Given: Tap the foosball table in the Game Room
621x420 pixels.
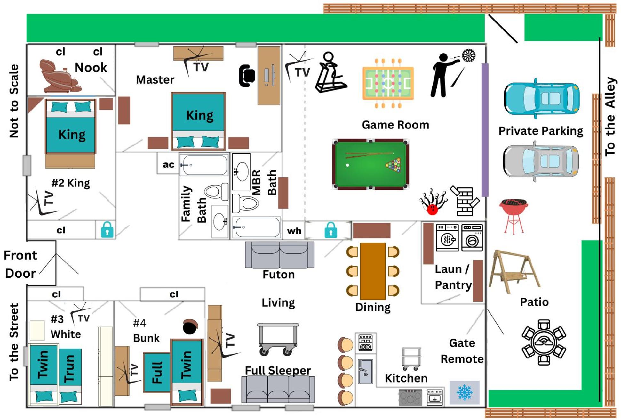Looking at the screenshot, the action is (388, 83).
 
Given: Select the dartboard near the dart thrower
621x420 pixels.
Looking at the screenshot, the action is (469, 55).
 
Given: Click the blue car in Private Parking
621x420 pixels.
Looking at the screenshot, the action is (541, 98).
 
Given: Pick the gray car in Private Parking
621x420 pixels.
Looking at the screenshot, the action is (541, 161).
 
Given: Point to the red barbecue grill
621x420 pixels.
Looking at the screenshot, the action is (513, 216).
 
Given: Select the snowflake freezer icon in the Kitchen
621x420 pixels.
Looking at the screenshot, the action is (464, 392).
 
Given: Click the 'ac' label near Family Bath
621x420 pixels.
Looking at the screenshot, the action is (169, 165).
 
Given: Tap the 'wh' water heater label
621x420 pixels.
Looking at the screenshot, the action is (294, 231).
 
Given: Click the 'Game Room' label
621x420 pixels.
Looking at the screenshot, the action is (395, 125).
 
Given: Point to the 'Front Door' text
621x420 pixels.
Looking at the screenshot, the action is (20, 264).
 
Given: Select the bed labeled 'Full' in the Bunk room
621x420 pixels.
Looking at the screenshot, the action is (157, 372).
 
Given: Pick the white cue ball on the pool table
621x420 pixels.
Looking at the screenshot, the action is (347, 165).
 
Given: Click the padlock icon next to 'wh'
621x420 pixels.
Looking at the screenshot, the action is (331, 230).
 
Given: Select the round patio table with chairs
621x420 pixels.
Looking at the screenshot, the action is (544, 342).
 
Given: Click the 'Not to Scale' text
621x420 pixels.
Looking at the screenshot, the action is (14, 101).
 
